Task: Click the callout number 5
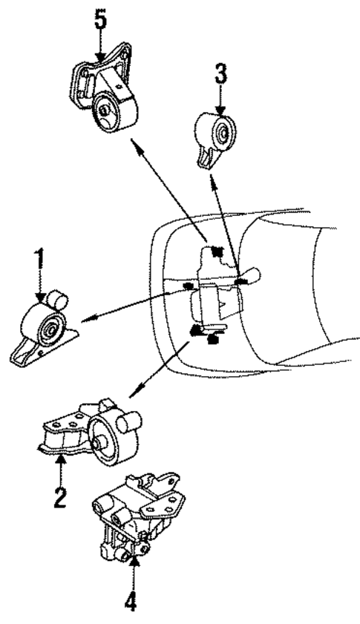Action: [100, 19]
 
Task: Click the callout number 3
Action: [220, 74]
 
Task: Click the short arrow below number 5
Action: [100, 47]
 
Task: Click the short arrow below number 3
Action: [220, 101]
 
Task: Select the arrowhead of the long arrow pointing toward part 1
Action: [85, 320]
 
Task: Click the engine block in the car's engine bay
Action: [215, 297]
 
